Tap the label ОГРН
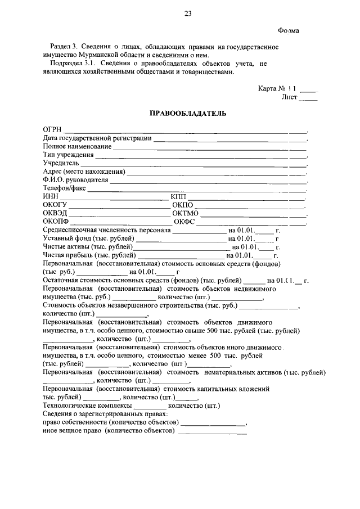tap(53, 129)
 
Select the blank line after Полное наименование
tap(209, 147)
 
